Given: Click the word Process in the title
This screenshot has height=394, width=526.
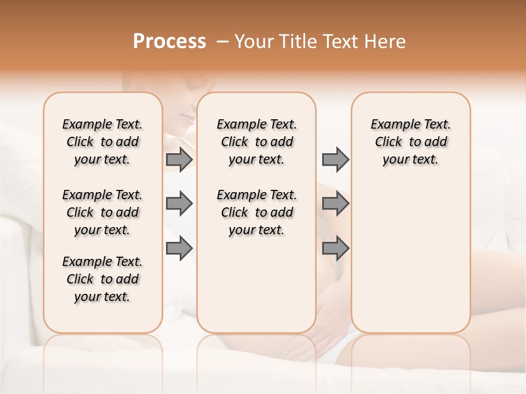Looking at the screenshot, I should click(x=169, y=42).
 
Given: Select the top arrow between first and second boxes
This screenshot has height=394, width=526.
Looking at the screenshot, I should click(x=179, y=160).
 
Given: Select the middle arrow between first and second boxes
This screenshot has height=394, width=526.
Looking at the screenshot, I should click(x=179, y=204).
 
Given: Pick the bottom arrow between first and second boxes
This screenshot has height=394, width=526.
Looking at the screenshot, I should click(x=179, y=248).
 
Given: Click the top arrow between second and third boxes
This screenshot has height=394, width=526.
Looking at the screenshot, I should click(x=335, y=160).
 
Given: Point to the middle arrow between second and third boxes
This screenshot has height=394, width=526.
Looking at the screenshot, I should click(x=335, y=204).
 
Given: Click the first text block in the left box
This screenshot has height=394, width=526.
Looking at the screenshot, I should click(x=102, y=142).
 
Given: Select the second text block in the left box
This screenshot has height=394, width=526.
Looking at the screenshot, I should click(x=102, y=212).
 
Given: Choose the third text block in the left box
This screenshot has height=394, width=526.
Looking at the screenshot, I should click(x=102, y=279).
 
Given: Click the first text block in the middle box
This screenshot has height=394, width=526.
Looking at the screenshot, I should click(x=256, y=142).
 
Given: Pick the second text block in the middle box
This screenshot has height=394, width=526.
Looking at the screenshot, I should click(x=256, y=212).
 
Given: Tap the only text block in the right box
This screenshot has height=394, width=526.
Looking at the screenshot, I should click(x=410, y=142).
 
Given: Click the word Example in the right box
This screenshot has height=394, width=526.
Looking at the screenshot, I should click(x=391, y=125).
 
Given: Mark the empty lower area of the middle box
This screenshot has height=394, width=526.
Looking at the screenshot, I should click(x=256, y=285).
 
